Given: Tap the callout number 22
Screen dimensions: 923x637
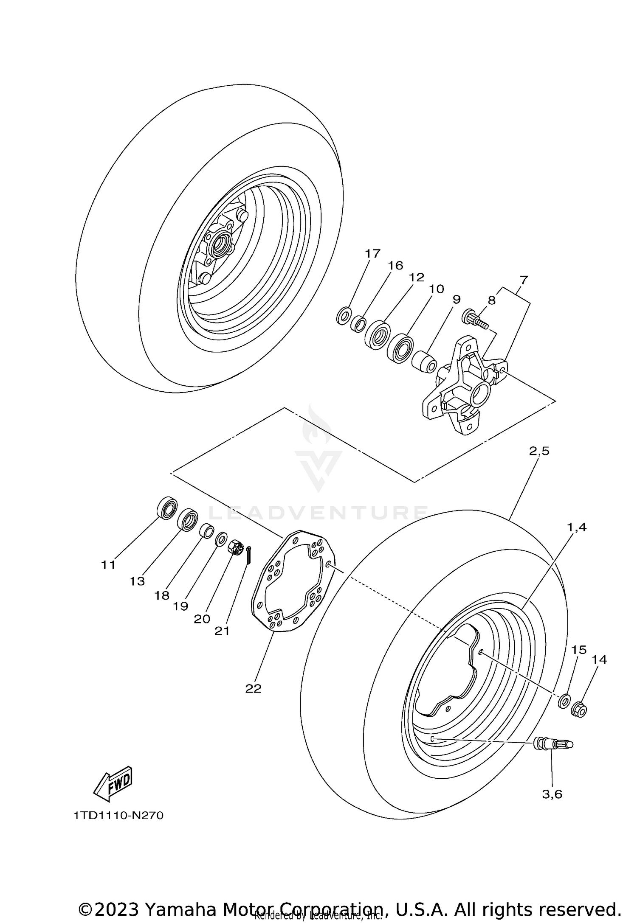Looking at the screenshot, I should coord(253,689).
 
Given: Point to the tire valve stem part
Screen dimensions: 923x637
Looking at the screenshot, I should coord(552,743).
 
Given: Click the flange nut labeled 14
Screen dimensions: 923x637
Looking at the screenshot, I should coord(579,710).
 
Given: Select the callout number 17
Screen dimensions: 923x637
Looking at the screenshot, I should coord(372,254).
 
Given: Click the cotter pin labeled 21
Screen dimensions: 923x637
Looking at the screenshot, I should coord(249,555).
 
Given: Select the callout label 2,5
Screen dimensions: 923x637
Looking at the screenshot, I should coord(539,451).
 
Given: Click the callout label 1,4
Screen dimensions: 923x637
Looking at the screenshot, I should coord(577,527).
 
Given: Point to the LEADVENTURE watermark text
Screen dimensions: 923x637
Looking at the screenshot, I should coord(318,513).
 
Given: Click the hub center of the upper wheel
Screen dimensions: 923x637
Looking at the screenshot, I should coord(221,244).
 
